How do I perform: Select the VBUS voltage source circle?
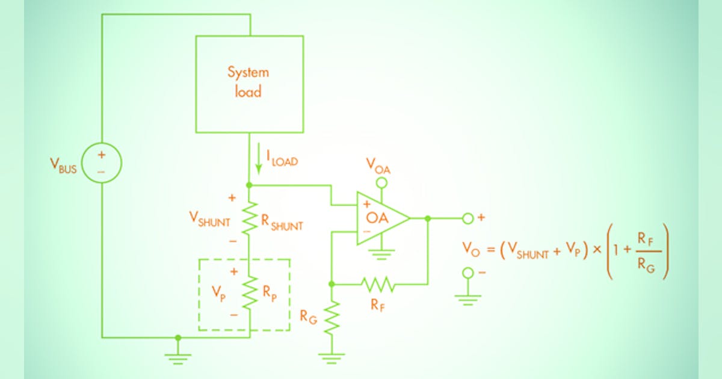coord(101,162)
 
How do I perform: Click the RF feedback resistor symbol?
coord(378,283)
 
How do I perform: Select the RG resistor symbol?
coord(331,318)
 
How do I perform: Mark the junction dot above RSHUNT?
coord(249,185)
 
